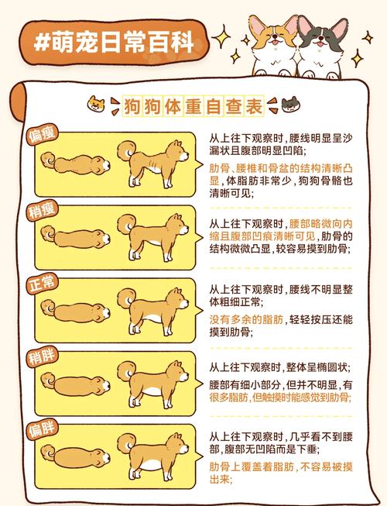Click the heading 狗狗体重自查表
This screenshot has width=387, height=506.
(193, 105)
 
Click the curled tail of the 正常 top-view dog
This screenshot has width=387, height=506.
(49, 308)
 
